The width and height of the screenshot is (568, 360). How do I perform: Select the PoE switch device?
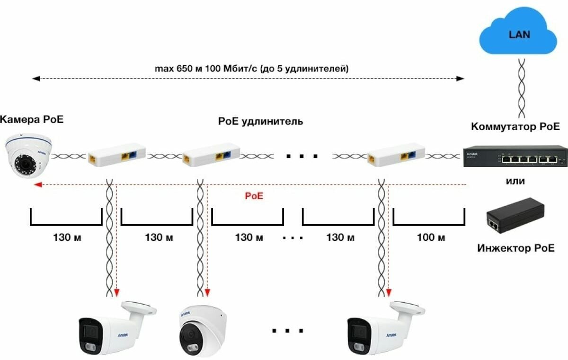pos(515,156)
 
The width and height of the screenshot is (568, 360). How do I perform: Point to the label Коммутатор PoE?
pos(515,127)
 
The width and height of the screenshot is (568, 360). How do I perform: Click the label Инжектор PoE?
pos(515,247)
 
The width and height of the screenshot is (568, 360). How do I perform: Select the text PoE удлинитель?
pos(260,122)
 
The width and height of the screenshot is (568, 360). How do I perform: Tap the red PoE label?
pos(254,195)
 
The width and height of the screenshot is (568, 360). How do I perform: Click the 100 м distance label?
pos(431,237)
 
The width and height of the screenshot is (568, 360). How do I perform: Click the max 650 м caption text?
pos(252,69)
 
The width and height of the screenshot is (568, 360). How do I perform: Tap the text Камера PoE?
pos(32,119)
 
